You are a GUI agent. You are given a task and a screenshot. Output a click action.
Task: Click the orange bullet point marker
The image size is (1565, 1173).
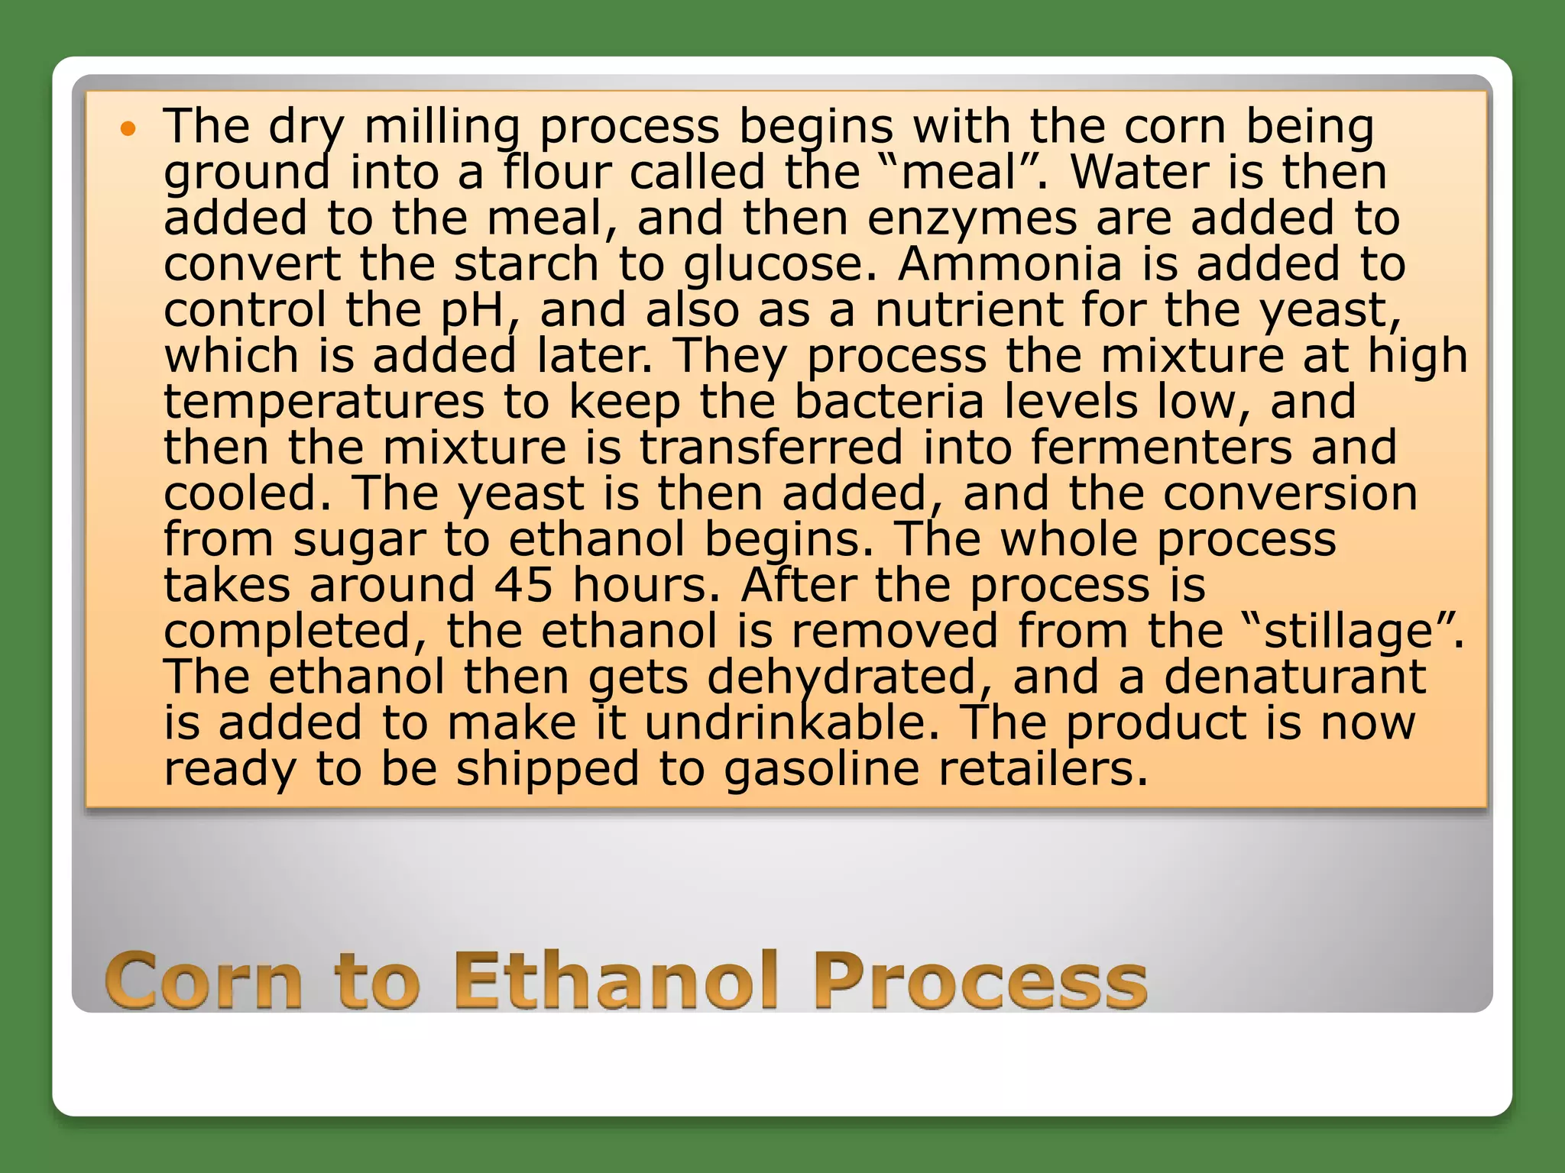click(128, 129)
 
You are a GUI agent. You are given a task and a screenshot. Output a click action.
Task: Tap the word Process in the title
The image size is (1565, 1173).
click(980, 981)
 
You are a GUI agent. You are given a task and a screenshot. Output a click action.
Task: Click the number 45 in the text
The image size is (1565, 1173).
click(523, 586)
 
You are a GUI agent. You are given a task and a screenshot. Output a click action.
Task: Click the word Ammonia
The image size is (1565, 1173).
click(1009, 264)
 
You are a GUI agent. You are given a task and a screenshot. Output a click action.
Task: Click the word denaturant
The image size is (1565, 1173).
click(1294, 678)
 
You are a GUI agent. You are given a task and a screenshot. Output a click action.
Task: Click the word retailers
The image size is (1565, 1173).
click(1042, 769)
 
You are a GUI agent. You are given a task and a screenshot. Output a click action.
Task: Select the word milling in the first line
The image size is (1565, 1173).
click(442, 128)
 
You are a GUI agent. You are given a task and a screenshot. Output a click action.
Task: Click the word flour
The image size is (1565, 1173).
click(558, 173)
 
